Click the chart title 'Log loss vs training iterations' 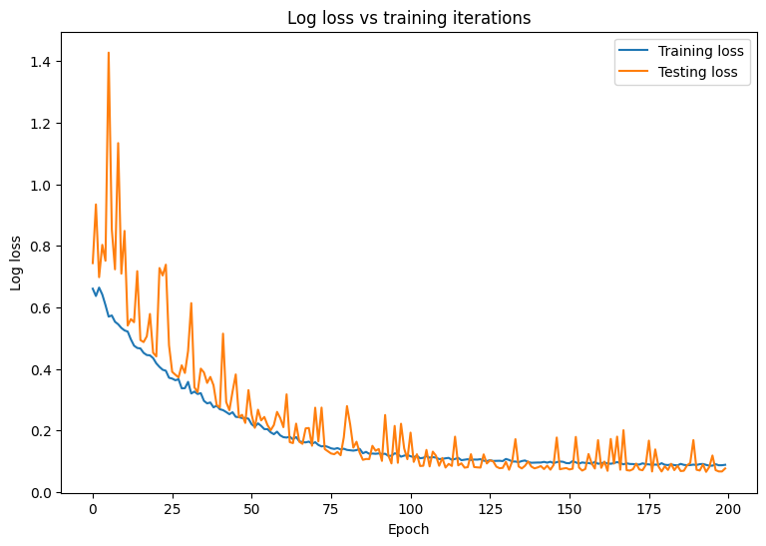(409, 18)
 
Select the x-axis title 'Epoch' (409, 529)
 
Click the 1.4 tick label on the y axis (42, 62)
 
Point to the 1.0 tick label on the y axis (42, 186)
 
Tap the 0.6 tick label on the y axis (42, 308)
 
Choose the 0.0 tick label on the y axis (42, 493)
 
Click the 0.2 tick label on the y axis (42, 431)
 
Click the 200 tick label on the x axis (728, 509)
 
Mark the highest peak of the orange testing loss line (109, 53)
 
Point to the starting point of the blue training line (93, 288)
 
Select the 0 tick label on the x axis (93, 509)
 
